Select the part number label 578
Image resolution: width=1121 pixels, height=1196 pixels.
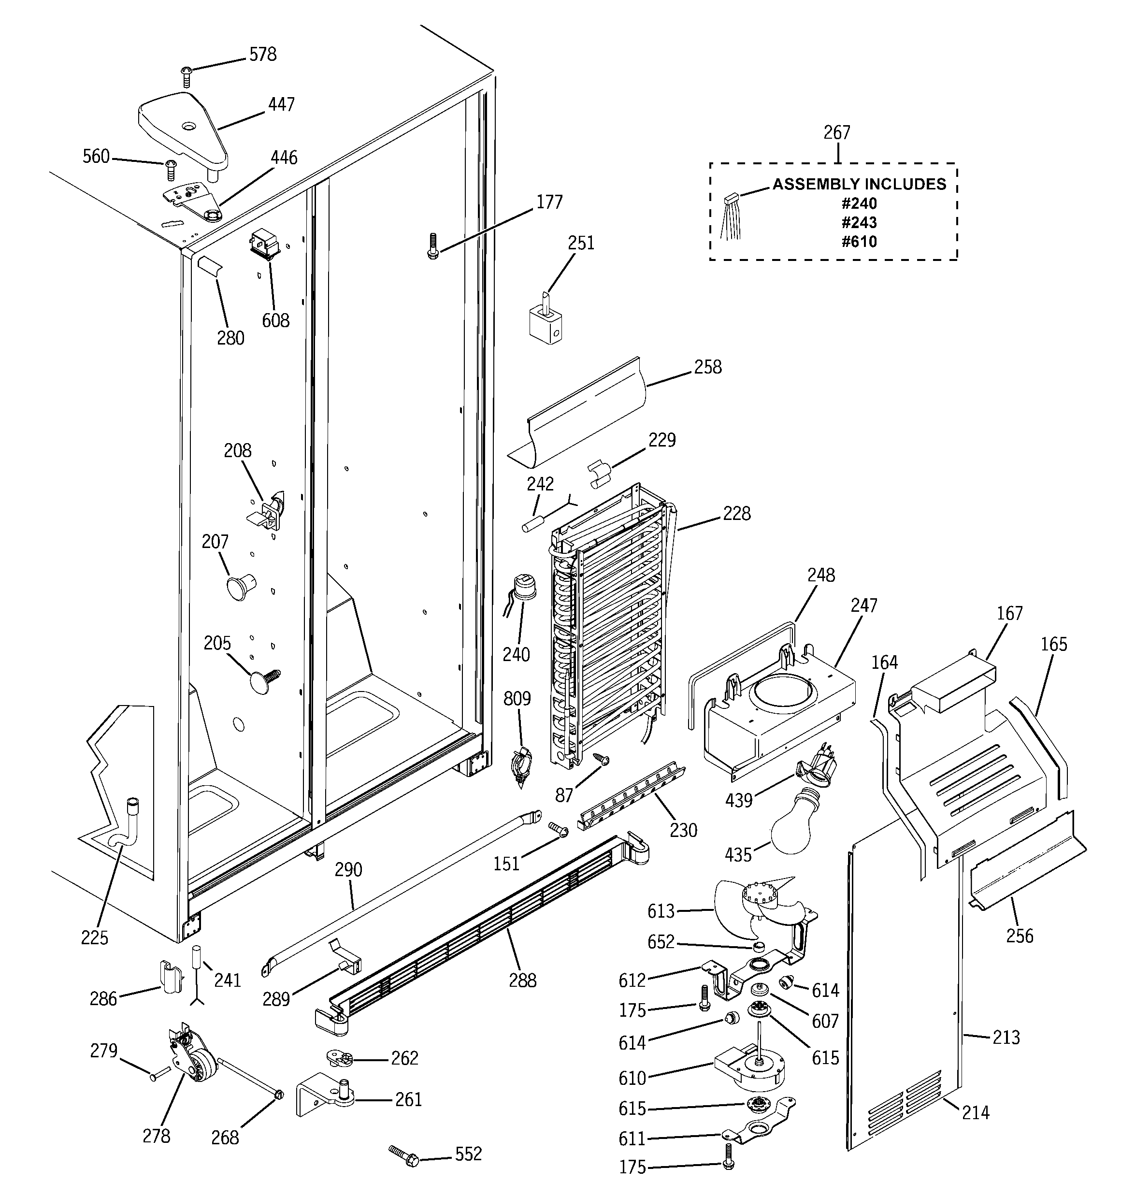tap(263, 55)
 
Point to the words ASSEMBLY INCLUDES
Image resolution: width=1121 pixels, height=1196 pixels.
tap(859, 184)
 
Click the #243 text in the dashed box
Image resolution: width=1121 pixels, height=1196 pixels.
tap(859, 223)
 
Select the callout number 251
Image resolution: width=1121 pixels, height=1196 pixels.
tap(581, 243)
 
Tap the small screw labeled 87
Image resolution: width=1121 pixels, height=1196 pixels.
tap(601, 760)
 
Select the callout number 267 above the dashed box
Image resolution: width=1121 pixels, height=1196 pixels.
tap(836, 133)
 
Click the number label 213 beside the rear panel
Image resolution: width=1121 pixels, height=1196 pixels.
tap(1006, 1037)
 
